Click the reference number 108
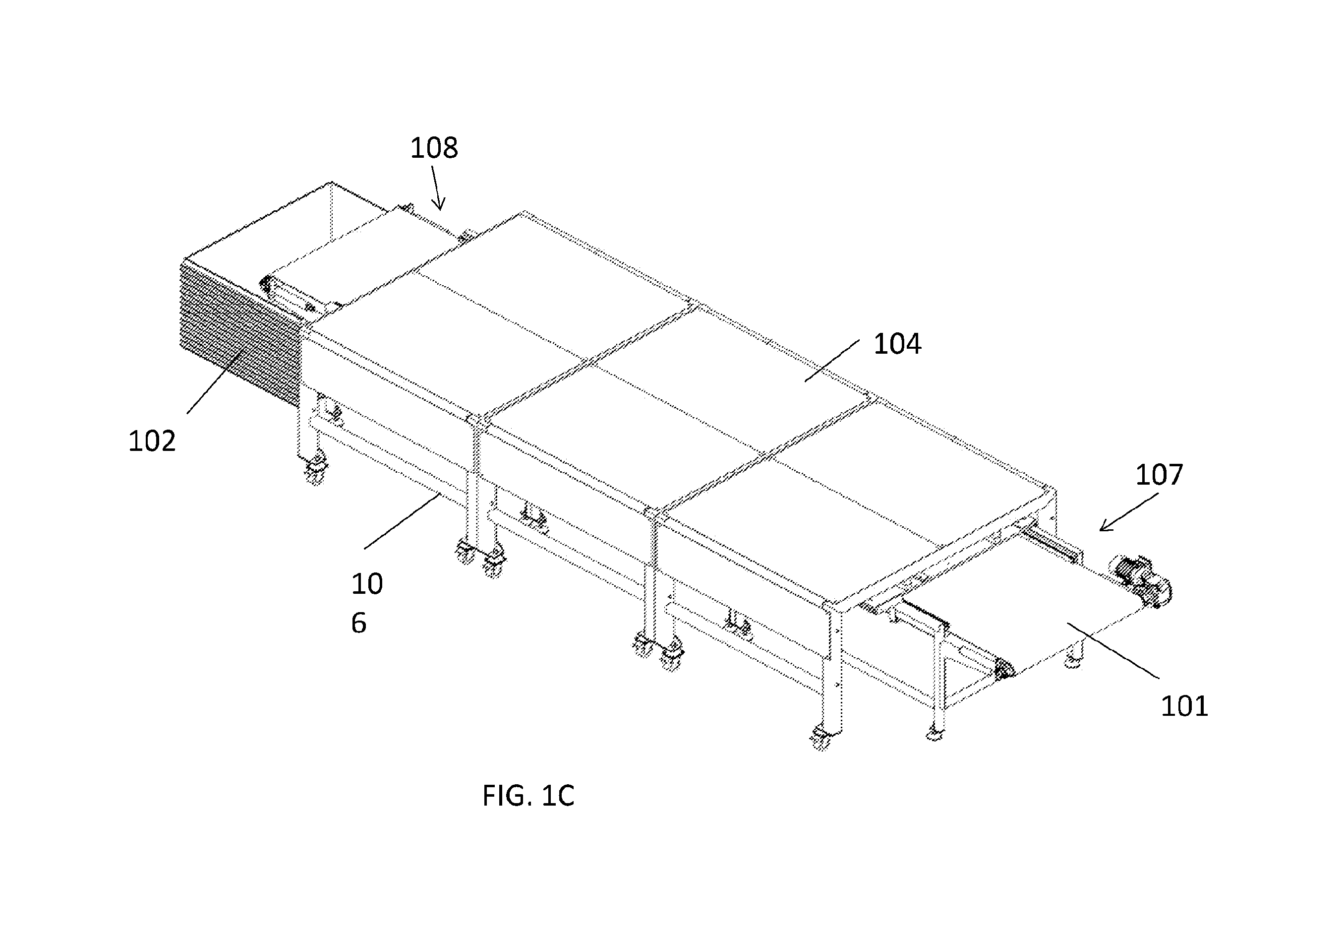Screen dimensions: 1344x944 tap(433, 148)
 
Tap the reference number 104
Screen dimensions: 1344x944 tap(897, 344)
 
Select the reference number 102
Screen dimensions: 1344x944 tap(152, 441)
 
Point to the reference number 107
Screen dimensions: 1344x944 tap(1159, 474)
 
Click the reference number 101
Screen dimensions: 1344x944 tap(1184, 706)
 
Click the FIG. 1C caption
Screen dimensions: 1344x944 tap(528, 796)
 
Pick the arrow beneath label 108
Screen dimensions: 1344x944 tap(437, 188)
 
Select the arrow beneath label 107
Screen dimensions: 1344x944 tap(1128, 512)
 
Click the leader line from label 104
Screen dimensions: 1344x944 tap(832, 361)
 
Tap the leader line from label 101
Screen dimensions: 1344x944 tap(1113, 651)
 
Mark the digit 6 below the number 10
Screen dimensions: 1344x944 tap(359, 623)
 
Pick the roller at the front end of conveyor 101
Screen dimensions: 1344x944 tap(1004, 669)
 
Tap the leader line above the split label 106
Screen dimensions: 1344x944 tap(402, 520)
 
